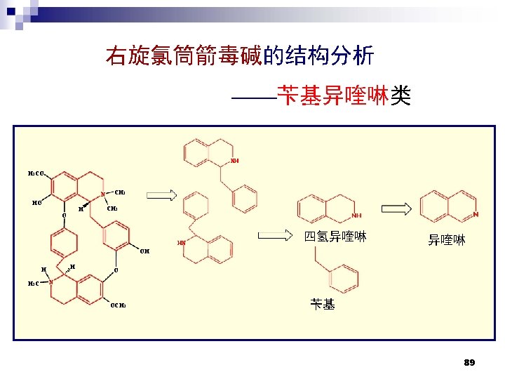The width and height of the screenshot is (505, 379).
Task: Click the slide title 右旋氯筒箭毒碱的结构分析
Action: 239,55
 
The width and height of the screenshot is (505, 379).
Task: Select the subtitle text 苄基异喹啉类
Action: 343,95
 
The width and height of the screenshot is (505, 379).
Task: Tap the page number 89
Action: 469,362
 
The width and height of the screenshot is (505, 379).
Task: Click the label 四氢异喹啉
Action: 335,237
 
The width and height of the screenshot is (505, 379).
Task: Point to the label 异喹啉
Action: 447,241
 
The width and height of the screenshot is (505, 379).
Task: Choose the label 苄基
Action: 323,304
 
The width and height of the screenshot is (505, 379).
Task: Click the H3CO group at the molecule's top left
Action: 37,173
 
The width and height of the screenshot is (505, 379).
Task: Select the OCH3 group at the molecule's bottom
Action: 117,305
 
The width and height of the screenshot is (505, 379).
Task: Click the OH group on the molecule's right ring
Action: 144,251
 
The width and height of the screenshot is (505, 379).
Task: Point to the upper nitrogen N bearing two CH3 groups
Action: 102,194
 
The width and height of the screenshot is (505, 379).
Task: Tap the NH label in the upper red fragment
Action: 235,161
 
